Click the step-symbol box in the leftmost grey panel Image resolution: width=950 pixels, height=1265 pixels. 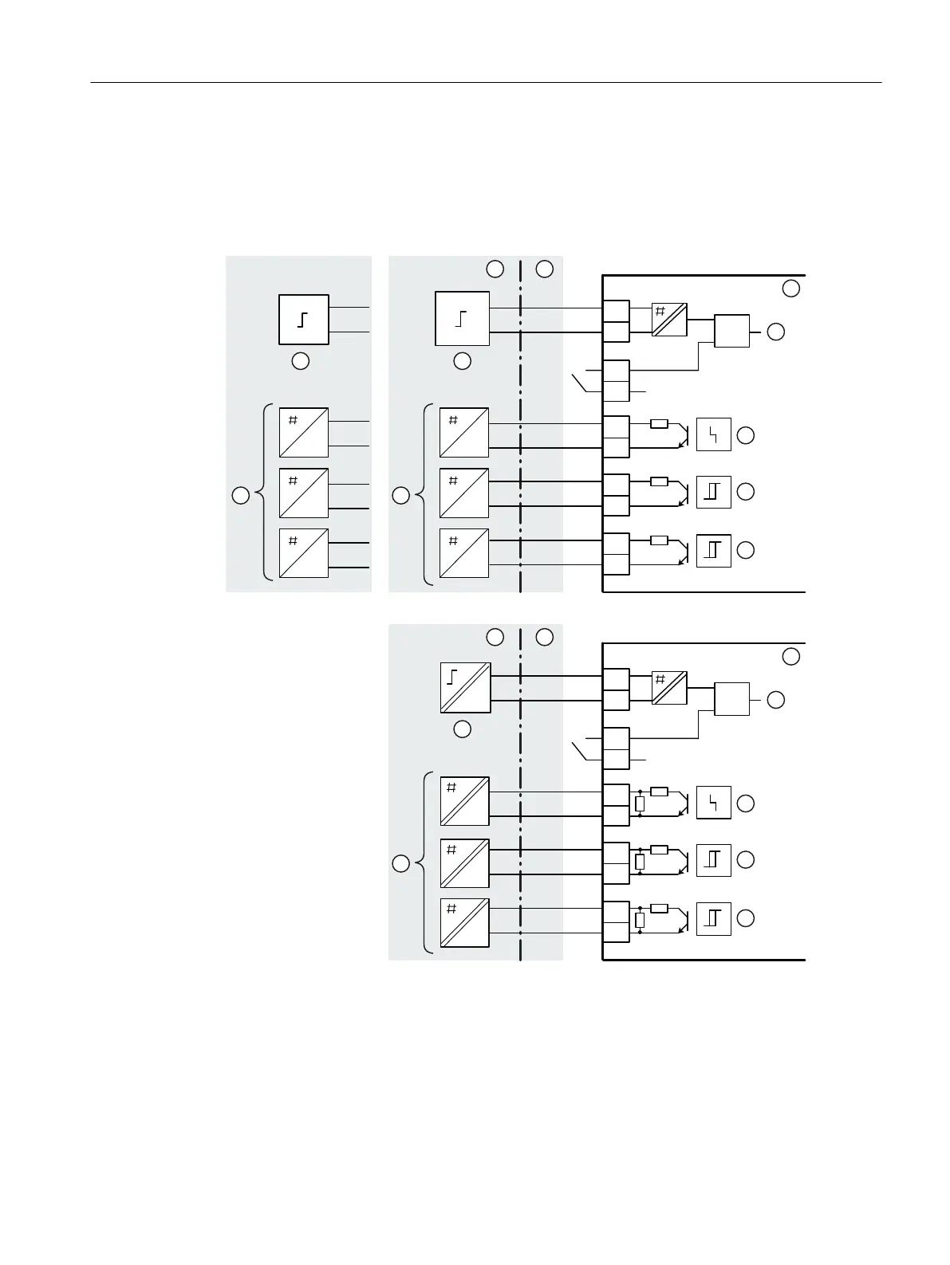(x=303, y=320)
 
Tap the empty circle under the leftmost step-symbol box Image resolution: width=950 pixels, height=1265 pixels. (x=300, y=361)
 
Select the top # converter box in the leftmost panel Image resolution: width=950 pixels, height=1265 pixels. (x=304, y=432)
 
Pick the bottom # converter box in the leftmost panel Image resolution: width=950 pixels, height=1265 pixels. (x=304, y=553)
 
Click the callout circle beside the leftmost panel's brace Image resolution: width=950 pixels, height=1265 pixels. (x=239, y=495)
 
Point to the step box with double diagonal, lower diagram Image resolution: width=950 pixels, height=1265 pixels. (x=465, y=687)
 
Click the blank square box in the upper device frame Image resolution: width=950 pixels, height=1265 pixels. (x=731, y=331)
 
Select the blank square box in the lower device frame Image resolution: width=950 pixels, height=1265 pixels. (x=731, y=699)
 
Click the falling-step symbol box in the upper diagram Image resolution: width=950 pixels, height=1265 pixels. (x=713, y=434)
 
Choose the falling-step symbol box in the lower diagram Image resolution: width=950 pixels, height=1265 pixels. (x=713, y=803)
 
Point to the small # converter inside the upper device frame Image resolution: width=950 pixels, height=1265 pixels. (x=669, y=320)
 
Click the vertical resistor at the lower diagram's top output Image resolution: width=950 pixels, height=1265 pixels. (x=640, y=803)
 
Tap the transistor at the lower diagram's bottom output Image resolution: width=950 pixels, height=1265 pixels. (x=682, y=918)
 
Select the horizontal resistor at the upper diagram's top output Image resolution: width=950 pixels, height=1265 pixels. (x=659, y=424)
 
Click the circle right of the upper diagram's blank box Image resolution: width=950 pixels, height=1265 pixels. (x=775, y=332)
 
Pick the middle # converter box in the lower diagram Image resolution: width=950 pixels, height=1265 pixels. (x=464, y=862)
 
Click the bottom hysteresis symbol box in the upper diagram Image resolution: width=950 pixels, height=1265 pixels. (x=713, y=550)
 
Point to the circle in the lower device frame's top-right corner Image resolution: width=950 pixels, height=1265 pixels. (x=790, y=656)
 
